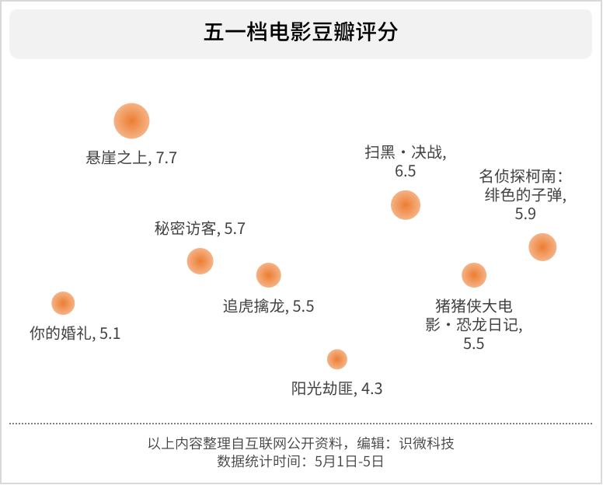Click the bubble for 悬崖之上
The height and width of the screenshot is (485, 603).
point(131,121)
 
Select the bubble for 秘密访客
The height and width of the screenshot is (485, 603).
point(200,261)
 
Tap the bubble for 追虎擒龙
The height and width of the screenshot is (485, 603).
point(268,275)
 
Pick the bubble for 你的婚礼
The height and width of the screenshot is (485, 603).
point(63,303)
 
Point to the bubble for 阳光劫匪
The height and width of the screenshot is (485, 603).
point(336,359)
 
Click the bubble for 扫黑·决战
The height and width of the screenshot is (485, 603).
point(405,205)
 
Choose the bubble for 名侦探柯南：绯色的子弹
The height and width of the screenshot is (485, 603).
point(542,247)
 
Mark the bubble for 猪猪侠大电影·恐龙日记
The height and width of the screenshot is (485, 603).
point(474,275)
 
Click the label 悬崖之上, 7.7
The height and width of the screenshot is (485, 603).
point(131,158)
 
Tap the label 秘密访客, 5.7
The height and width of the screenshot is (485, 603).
point(200,229)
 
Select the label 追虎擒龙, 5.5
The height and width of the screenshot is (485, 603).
point(268,306)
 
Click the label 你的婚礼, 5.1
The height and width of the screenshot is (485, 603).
point(75,334)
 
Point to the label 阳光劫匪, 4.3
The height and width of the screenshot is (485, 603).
point(336,389)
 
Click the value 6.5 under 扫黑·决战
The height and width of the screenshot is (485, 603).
point(405,172)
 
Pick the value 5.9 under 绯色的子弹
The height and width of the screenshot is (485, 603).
point(525,215)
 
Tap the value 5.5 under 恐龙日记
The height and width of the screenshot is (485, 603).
point(473,344)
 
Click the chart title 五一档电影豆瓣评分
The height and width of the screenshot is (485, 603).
point(301,33)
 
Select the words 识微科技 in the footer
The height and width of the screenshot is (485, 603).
point(427,444)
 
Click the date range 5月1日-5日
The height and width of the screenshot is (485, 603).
point(349,461)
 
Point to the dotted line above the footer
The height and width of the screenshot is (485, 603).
point(301,424)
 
